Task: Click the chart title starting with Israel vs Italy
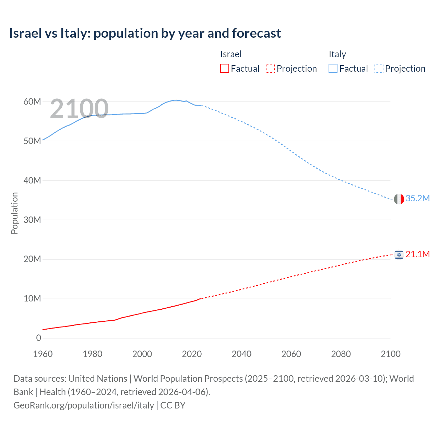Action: coord(145,33)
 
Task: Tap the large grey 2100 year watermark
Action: coord(79,109)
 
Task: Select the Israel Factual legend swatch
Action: coord(224,68)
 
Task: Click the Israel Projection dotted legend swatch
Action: coord(270,68)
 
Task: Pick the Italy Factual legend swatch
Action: coord(333,68)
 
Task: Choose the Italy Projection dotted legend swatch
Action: coord(379,68)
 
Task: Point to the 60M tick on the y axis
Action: coord(32,102)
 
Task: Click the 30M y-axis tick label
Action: coord(32,220)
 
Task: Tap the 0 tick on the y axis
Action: coord(38,338)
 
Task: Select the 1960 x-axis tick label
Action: coord(43,354)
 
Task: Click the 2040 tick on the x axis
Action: coord(241,354)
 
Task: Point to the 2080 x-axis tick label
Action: coord(341,354)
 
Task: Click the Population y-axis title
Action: coord(14,213)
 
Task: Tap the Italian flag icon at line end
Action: coord(399,199)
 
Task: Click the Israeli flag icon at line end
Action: coord(399,255)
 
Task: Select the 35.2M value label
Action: coord(417,199)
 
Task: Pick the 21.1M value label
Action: coord(417,254)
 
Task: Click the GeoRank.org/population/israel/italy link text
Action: coord(84,405)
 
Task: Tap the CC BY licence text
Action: coord(173,405)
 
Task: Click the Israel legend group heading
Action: coord(230,54)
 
